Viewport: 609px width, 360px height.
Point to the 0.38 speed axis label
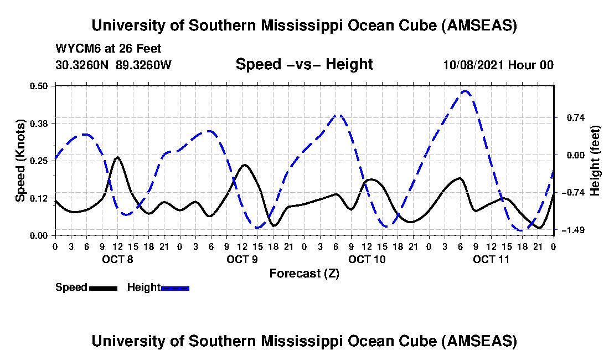[40, 122]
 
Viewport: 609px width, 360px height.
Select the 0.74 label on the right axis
[571, 117]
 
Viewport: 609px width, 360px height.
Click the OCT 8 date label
[117, 259]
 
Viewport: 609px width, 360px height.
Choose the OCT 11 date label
[491, 259]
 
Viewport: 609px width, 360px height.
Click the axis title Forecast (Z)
[304, 273]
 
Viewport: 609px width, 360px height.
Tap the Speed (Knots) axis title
[20, 161]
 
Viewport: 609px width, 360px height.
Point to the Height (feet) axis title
[595, 161]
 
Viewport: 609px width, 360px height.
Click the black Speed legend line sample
[102, 288]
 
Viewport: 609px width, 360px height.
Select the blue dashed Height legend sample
[175, 288]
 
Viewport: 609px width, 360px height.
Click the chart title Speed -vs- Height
[304, 64]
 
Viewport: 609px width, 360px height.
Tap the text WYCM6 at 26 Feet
[109, 49]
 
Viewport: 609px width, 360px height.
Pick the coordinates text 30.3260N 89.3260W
[113, 65]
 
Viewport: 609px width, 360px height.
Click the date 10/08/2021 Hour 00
[498, 65]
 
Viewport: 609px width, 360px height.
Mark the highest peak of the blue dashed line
[465, 91]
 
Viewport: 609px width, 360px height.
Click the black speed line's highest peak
[117, 157]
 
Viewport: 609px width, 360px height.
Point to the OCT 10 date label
[367, 259]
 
